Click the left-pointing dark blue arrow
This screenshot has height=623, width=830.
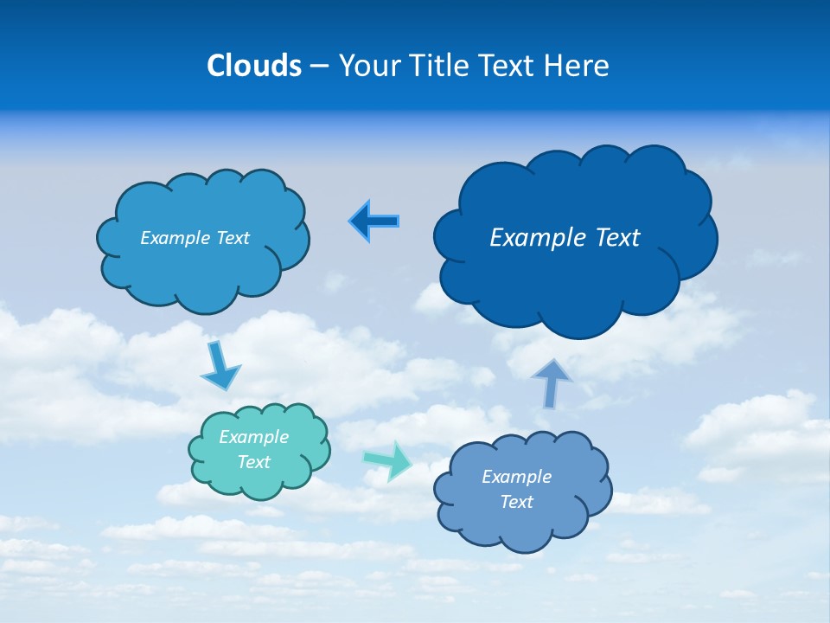374,222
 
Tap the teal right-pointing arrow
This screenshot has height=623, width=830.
388,459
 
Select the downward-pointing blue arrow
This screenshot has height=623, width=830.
220,367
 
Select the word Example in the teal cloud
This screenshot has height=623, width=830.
253,437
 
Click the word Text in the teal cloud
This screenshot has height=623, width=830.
253,462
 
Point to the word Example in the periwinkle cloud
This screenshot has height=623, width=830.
516,477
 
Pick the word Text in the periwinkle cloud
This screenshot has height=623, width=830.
516,502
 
